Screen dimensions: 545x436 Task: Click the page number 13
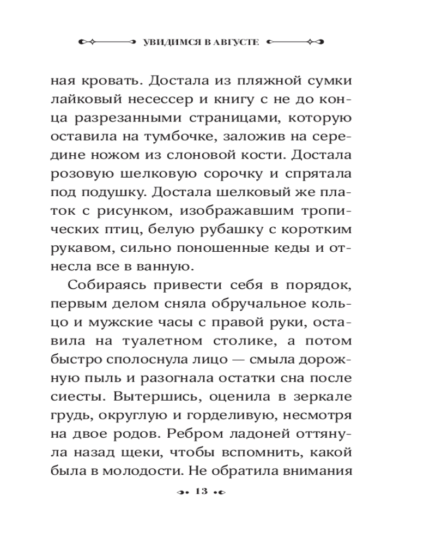[x=201, y=492]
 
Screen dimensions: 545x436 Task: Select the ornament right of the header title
[x=297, y=41]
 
